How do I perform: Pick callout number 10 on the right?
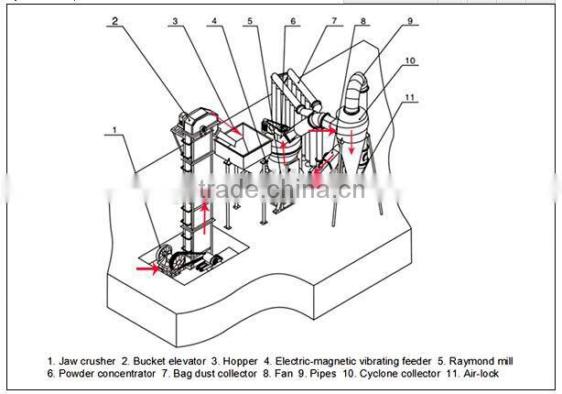point(410,61)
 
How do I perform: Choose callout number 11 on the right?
point(410,96)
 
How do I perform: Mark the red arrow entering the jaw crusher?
point(147,269)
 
